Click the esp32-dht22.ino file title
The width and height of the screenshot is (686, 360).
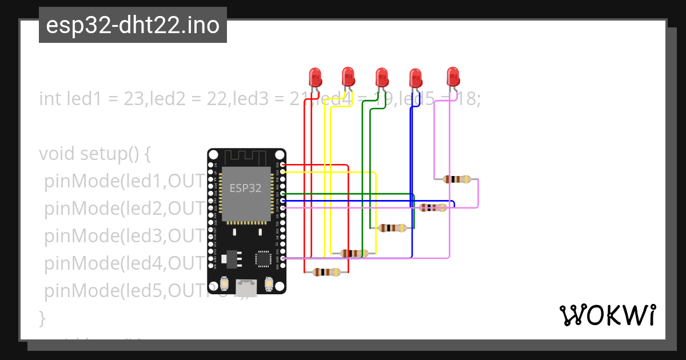click(133, 26)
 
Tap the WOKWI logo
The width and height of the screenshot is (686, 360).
click(607, 315)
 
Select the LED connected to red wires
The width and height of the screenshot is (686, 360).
click(314, 77)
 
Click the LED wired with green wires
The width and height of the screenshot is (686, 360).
click(381, 77)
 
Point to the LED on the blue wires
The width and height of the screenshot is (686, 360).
click(415, 77)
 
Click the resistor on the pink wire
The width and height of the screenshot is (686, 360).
click(457, 179)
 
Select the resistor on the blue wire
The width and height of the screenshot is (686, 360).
click(433, 207)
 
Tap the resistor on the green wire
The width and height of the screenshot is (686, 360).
click(392, 228)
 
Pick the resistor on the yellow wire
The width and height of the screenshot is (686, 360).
click(354, 253)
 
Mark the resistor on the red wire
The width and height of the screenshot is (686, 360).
click(327, 272)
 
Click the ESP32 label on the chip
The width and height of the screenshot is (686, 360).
click(245, 187)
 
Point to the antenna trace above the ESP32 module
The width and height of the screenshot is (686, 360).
click(245, 157)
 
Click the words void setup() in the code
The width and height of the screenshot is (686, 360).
click(94, 154)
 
